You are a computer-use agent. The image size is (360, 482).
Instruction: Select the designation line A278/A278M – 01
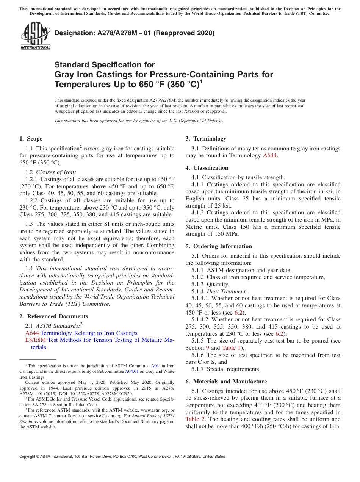[x=135, y=33]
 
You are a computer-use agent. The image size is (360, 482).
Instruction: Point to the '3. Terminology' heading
[x=206, y=139]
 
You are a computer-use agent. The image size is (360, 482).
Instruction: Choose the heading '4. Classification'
[x=207, y=168]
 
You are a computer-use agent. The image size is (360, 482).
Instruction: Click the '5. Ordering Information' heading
[x=219, y=246]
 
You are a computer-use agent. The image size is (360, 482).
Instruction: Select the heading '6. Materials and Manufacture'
[x=226, y=382]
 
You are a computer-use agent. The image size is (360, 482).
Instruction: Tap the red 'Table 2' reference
[x=195, y=419]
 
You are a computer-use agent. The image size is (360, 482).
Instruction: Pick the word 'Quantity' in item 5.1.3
[x=218, y=284]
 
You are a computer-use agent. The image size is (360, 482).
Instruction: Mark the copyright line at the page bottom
[x=122, y=457]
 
